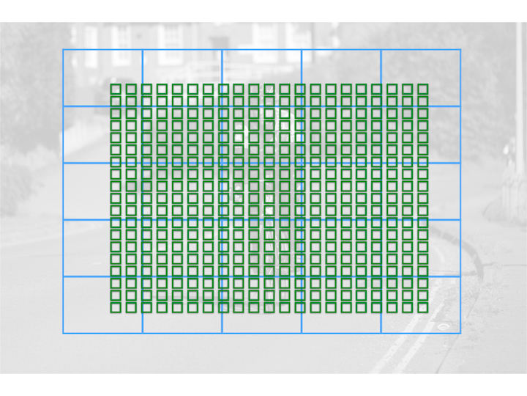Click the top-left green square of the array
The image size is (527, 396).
click(x=116, y=89)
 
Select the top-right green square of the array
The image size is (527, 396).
click(x=423, y=89)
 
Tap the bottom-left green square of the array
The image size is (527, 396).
click(x=116, y=307)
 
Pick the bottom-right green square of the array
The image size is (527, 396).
click(x=423, y=307)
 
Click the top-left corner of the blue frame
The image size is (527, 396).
click(x=63, y=50)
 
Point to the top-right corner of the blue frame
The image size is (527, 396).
click(x=460, y=50)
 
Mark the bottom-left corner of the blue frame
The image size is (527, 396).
click(x=63, y=333)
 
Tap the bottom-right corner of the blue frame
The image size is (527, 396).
click(x=460, y=333)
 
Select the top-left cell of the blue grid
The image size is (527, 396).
click(x=102, y=78)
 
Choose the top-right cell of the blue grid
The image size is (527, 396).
click(x=421, y=78)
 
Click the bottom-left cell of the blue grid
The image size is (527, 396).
click(x=102, y=304)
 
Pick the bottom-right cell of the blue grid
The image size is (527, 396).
click(x=421, y=304)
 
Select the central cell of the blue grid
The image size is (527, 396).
click(x=261, y=191)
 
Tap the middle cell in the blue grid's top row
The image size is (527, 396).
click(x=261, y=78)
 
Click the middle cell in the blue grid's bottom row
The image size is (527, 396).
click(x=261, y=304)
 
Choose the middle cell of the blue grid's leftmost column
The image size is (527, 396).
click(x=102, y=191)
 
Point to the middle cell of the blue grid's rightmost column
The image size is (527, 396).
click(x=421, y=191)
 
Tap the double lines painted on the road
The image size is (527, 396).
click(x=410, y=345)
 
